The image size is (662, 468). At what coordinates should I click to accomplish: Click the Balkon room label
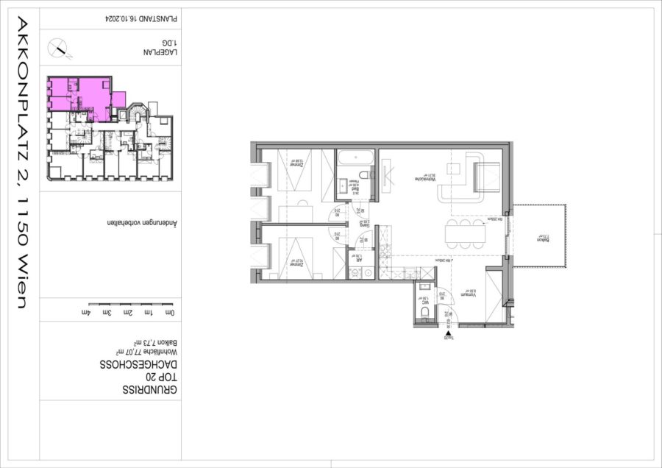point(543,239)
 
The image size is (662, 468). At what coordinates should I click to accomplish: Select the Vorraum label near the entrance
point(466,294)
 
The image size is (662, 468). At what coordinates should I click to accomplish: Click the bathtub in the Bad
point(357,158)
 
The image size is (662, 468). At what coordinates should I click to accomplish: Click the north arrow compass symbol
point(60,49)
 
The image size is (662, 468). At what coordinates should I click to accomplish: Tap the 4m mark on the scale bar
point(90,313)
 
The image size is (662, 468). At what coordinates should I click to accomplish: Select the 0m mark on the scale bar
point(171,313)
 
